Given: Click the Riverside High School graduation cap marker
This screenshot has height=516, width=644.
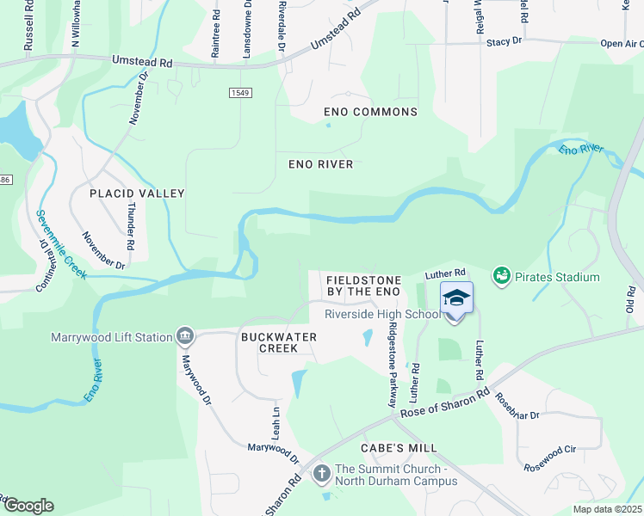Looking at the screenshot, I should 456,298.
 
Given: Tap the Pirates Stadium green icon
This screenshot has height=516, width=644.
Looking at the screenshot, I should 501,276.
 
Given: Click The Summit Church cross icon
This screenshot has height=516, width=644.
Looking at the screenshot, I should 321,473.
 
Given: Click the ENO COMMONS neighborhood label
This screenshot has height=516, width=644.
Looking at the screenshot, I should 370,112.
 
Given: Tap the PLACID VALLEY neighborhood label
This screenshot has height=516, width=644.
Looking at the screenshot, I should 138,193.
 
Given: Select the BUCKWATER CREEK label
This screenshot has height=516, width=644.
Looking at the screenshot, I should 281,342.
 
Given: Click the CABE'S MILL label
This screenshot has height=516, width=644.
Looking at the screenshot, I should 399,448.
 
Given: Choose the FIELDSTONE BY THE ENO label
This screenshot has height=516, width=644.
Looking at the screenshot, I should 363,286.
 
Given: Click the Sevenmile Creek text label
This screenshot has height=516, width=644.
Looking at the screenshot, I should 62,244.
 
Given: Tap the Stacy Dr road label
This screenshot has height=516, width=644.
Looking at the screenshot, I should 505,41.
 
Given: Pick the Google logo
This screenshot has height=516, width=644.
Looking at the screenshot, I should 28,506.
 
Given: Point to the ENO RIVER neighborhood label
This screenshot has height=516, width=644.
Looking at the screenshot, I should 320,164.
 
